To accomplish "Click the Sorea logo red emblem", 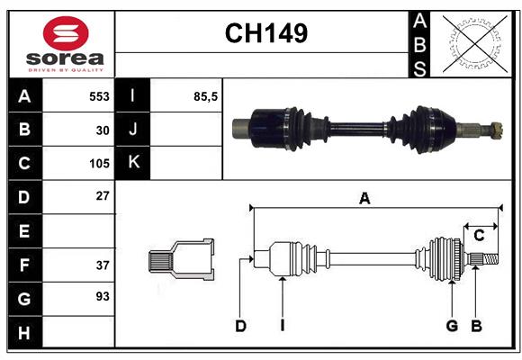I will click(x=66, y=35).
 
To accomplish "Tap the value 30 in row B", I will click(x=102, y=130).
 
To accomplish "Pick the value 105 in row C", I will click(x=99, y=164).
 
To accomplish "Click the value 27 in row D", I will click(x=102, y=195).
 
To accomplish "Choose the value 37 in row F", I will click(x=102, y=265).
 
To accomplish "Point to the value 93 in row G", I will click(x=102, y=296).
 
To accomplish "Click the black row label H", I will click(x=23, y=333).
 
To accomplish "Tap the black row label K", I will click(x=133, y=163).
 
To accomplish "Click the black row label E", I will click(x=23, y=231).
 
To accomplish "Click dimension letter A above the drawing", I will click(x=364, y=199).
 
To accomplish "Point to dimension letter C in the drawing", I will click(x=479, y=236).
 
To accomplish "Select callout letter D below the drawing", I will click(x=240, y=326).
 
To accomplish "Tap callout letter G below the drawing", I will click(x=452, y=326).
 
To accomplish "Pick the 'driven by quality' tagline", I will click(x=66, y=68).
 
